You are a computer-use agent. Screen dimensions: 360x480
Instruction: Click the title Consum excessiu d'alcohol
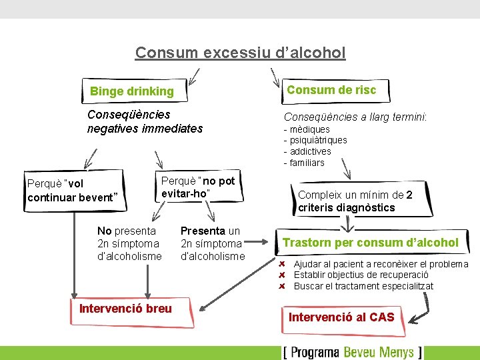[240, 52]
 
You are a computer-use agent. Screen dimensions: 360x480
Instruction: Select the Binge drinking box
[132, 91]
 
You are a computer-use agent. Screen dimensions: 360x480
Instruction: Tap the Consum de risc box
[331, 90]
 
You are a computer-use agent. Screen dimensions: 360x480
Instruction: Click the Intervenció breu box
[125, 308]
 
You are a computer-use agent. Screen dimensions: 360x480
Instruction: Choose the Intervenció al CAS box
[341, 317]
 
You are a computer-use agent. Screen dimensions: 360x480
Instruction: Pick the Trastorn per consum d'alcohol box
[371, 243]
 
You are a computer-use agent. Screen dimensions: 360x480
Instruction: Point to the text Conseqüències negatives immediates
[145, 121]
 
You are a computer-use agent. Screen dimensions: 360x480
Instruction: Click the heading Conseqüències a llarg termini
[355, 117]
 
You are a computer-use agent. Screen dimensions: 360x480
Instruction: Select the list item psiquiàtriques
[317, 140]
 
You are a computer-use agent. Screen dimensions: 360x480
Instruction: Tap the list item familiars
[306, 163]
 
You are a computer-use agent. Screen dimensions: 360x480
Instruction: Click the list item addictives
[309, 151]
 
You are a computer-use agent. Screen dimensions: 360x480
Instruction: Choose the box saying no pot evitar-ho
[198, 187]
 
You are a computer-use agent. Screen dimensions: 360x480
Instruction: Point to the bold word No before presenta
[105, 231]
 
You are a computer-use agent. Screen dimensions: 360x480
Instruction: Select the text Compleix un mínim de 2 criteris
[355, 201]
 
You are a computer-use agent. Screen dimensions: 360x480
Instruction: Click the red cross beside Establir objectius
[282, 275]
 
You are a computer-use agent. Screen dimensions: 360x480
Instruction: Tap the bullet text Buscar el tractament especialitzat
[363, 286]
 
